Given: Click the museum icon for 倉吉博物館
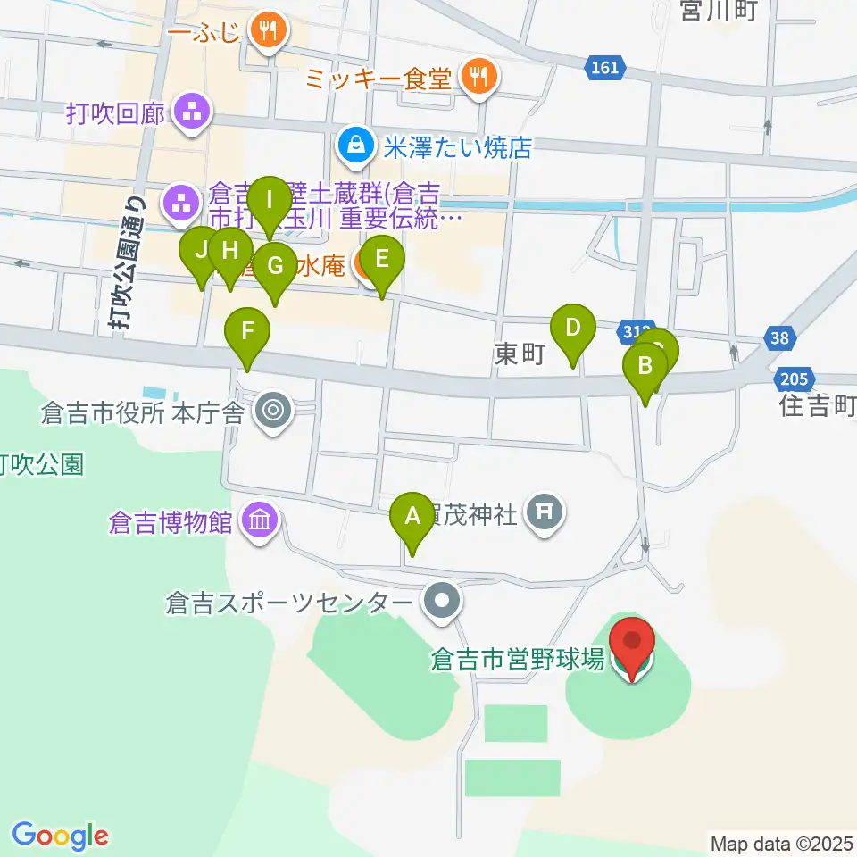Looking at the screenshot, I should (x=260, y=520).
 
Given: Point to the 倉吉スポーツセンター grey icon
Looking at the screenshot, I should (x=440, y=603).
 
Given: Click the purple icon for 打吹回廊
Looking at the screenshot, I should (x=191, y=113).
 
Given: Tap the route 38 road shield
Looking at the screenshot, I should (x=778, y=337).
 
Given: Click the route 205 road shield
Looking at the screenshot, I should (x=795, y=379).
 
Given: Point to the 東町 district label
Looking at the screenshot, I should (x=520, y=355).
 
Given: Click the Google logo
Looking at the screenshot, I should (x=60, y=836).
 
